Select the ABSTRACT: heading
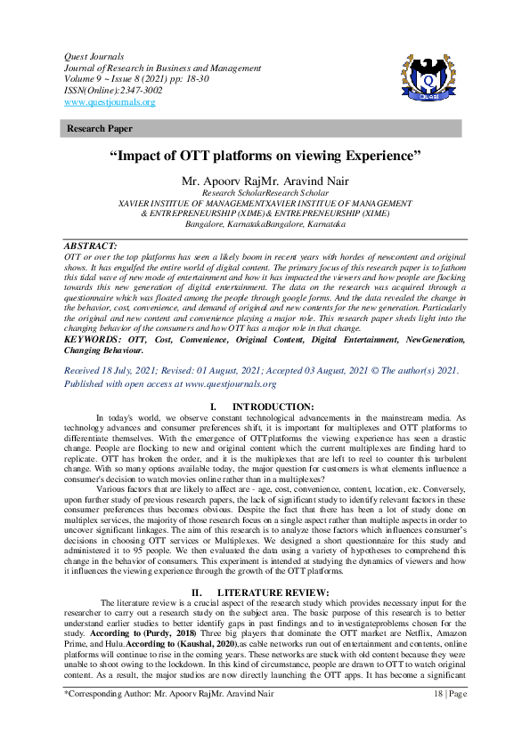point(91,245)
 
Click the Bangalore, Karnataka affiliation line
point(265,225)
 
